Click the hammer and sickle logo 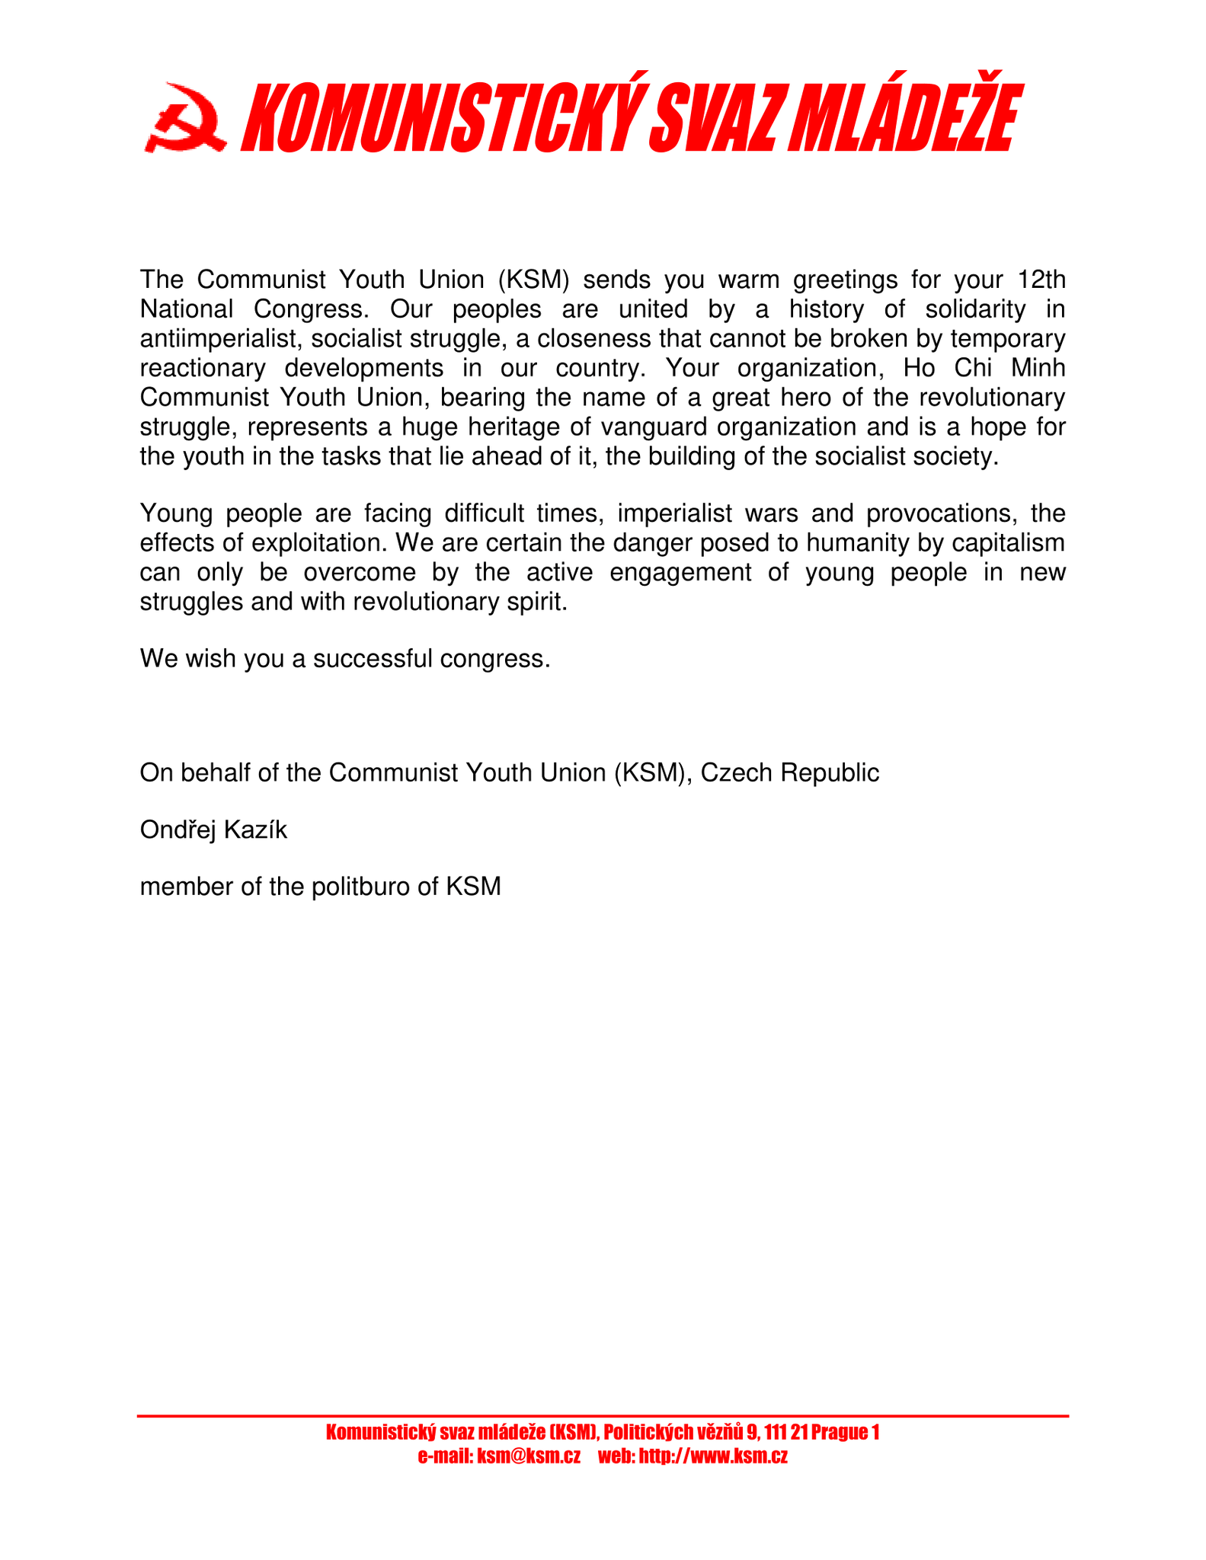coord(184,118)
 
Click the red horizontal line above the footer coord(603,1416)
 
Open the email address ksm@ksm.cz coord(528,1456)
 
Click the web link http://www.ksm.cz coord(712,1456)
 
